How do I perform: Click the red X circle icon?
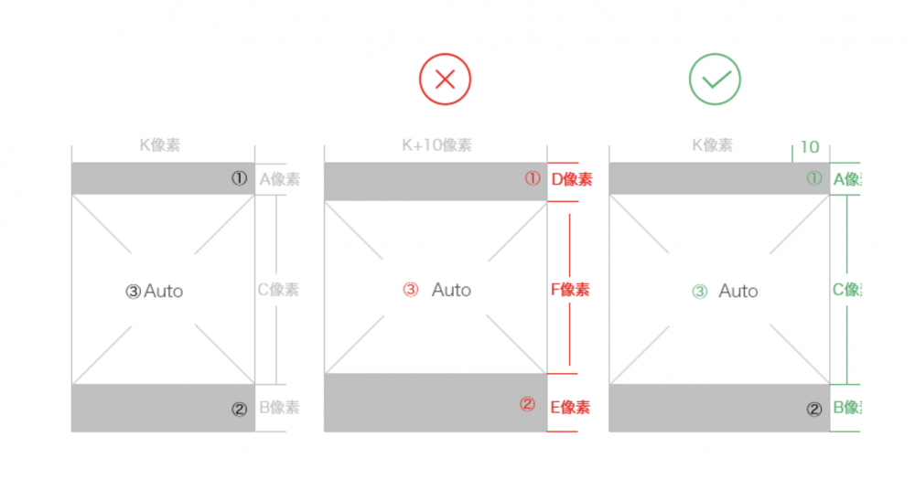click(x=445, y=80)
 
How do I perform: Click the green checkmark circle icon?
click(x=715, y=80)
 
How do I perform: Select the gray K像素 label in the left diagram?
click(x=160, y=145)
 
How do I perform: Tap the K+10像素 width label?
click(x=437, y=145)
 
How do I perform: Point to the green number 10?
click(x=810, y=147)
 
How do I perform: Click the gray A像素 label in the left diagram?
click(x=279, y=179)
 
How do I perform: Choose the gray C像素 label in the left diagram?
click(x=278, y=290)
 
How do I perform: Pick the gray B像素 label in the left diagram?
click(x=279, y=408)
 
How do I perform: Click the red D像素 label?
click(x=571, y=179)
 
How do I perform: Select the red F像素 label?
click(x=570, y=290)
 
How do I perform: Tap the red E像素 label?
click(x=570, y=408)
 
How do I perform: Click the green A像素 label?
click(x=846, y=179)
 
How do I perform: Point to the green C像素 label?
click(x=846, y=290)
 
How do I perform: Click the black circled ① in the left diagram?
click(x=239, y=179)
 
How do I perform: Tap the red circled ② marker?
click(x=527, y=405)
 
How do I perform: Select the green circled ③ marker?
click(x=700, y=292)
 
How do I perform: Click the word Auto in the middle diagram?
click(x=451, y=290)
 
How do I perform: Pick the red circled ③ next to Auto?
click(x=411, y=290)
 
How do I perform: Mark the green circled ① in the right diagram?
click(x=813, y=179)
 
